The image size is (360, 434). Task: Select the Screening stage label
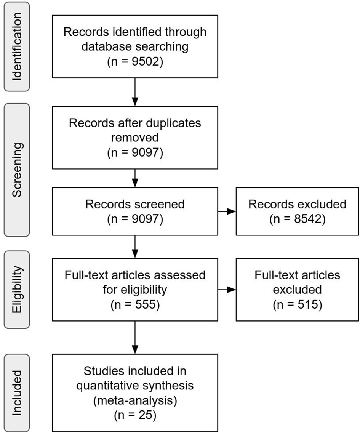tap(16, 170)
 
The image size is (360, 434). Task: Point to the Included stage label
tap(16, 393)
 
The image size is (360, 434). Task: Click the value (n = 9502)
tap(135, 62)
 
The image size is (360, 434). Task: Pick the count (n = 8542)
tap(297, 219)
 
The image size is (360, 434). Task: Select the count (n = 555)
tap(135, 305)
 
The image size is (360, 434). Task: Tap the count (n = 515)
tap(297, 305)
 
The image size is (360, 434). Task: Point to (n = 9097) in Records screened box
tap(135, 219)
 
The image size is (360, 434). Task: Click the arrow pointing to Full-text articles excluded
tap(227, 290)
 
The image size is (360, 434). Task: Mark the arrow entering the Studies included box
tap(135, 338)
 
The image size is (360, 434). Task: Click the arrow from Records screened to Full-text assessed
tap(135, 246)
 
